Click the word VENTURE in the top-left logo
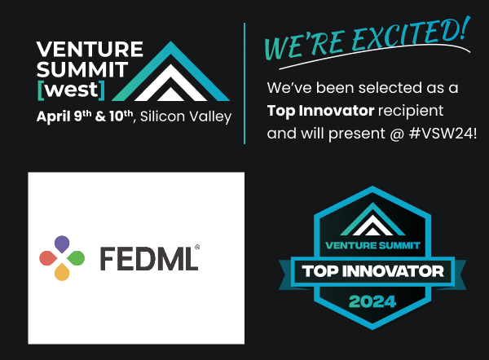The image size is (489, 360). pyautogui.click(x=90, y=49)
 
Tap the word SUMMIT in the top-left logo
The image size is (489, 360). pyautogui.click(x=82, y=69)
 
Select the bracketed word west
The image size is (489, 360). pyautogui.click(x=71, y=90)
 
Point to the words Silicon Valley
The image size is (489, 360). pyautogui.click(x=186, y=117)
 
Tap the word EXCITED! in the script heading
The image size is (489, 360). pyautogui.click(x=411, y=33)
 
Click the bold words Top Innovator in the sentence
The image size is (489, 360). pyautogui.click(x=320, y=111)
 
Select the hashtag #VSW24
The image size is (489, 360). pyautogui.click(x=441, y=134)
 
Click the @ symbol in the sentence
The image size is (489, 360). pyautogui.click(x=397, y=134)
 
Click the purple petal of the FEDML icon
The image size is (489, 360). pyautogui.click(x=62, y=244)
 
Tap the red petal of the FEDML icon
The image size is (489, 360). pyautogui.click(x=48, y=258)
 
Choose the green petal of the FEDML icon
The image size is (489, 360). pyautogui.click(x=76, y=258)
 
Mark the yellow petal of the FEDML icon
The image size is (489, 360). pyautogui.click(x=62, y=272)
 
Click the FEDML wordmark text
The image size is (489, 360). pyautogui.click(x=149, y=258)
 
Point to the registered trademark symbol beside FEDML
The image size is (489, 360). pyautogui.click(x=197, y=247)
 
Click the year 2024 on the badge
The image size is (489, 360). pyautogui.click(x=372, y=301)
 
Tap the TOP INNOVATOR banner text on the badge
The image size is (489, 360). pyautogui.click(x=372, y=271)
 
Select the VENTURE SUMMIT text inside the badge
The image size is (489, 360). pyautogui.click(x=372, y=246)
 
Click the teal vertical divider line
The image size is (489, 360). pyautogui.click(x=244, y=83)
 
